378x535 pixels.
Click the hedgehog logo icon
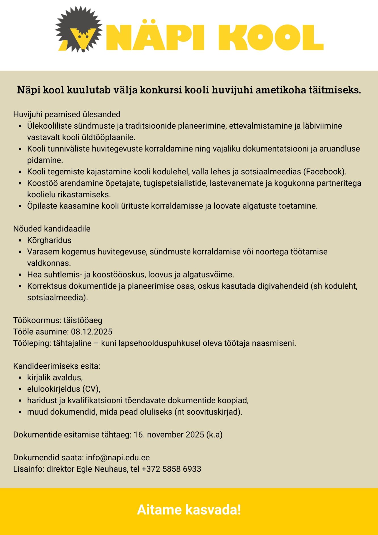click(x=79, y=30)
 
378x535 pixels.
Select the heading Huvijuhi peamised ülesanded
click(x=67, y=114)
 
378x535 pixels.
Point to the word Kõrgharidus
click(x=49, y=240)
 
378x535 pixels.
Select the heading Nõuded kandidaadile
click(x=52, y=229)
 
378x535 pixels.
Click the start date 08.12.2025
click(x=92, y=332)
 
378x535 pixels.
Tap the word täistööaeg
click(x=83, y=320)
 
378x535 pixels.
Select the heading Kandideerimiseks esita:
click(x=56, y=366)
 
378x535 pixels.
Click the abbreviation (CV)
click(x=91, y=389)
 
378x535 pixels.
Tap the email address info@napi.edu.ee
click(x=118, y=458)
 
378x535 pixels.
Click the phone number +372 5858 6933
click(x=171, y=469)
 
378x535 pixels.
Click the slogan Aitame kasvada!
click(x=189, y=510)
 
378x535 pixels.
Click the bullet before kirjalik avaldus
click(x=20, y=378)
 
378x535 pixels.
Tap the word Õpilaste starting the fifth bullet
click(x=42, y=206)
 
